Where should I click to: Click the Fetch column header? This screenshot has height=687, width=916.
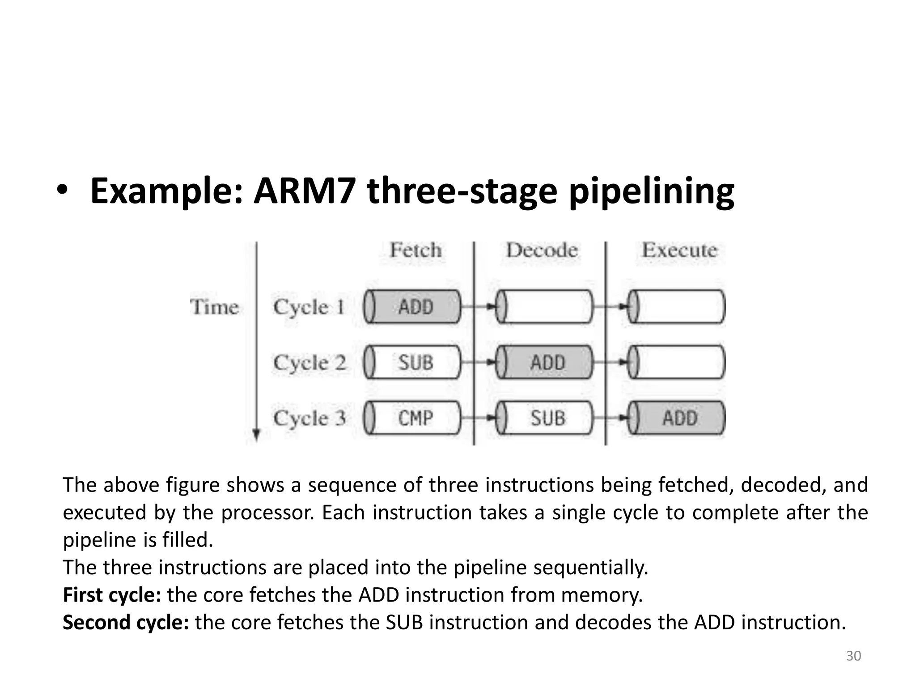click(x=415, y=250)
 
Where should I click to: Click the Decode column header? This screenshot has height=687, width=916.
click(x=542, y=250)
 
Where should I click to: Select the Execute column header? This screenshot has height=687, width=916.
click(x=679, y=250)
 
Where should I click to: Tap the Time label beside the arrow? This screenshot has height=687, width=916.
click(x=214, y=307)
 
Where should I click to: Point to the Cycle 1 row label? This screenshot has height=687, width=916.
click(x=309, y=307)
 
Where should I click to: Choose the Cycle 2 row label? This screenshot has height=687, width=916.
click(x=310, y=362)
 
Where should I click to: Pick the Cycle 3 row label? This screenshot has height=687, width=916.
click(x=310, y=418)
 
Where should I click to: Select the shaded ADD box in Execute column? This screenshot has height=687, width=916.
click(x=678, y=418)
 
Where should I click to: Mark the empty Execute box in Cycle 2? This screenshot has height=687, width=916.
click(x=678, y=362)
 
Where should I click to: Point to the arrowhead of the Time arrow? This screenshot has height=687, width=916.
click(x=256, y=435)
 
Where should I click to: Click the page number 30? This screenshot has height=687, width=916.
click(x=853, y=656)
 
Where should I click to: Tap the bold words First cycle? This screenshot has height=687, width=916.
click(x=112, y=595)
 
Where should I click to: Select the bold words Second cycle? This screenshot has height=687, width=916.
click(x=126, y=622)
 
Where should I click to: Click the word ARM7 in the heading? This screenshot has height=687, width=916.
click(x=304, y=191)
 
